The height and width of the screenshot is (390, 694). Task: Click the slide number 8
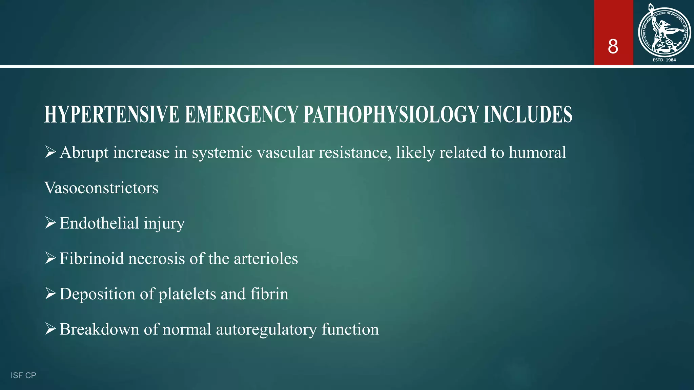click(x=613, y=46)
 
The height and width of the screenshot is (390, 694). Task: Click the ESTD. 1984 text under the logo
click(x=664, y=60)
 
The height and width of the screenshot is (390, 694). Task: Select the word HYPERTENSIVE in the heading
click(x=111, y=114)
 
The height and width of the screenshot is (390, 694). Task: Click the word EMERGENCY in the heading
click(x=241, y=114)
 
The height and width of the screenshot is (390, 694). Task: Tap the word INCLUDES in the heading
click(x=528, y=114)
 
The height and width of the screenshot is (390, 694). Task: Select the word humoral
click(x=537, y=152)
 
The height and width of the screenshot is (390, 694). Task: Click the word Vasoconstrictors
click(x=101, y=188)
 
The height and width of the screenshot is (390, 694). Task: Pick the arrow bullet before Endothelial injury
click(x=50, y=223)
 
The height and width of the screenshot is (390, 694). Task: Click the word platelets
click(x=187, y=294)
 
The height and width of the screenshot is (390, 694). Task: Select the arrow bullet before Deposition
click(x=50, y=294)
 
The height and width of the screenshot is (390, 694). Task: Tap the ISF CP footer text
click(x=23, y=375)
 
